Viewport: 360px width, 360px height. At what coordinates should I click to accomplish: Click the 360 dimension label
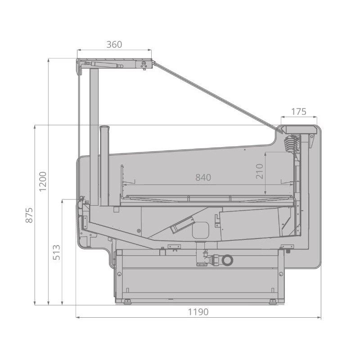pyautogui.click(x=114, y=44)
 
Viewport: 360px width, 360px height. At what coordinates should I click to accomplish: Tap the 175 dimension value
pyautogui.click(x=299, y=112)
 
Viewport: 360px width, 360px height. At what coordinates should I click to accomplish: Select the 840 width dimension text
pyautogui.click(x=203, y=177)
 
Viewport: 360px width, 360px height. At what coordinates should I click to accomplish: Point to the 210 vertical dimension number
pyautogui.click(x=259, y=171)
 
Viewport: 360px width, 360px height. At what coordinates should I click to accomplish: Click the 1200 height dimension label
pyautogui.click(x=43, y=181)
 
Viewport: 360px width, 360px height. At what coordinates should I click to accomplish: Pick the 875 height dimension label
pyautogui.click(x=29, y=215)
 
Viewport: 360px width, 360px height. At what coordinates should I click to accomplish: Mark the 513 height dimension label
pyautogui.click(x=57, y=252)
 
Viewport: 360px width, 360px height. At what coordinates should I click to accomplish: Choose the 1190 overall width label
pyautogui.click(x=198, y=312)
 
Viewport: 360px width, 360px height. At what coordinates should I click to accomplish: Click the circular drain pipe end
pyautogui.click(x=228, y=260)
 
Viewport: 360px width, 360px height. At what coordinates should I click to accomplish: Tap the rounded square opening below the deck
pyautogui.click(x=201, y=230)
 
